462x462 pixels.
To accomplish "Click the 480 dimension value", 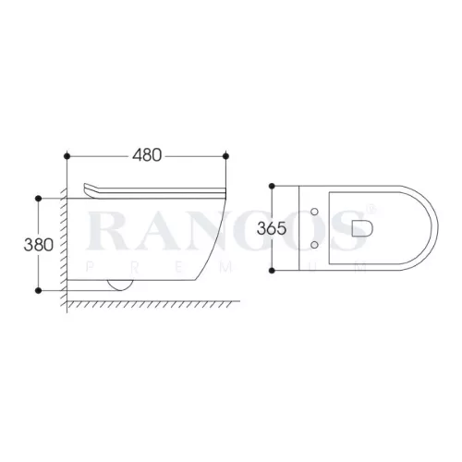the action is click(x=147, y=155).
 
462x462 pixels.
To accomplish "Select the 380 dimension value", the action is click(x=39, y=245).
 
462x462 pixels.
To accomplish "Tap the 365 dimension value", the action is click(x=272, y=228).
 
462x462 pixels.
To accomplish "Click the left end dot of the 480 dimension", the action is click(x=67, y=156).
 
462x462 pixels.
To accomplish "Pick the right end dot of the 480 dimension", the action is click(x=225, y=156).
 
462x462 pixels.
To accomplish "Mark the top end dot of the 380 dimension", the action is click(x=39, y=199).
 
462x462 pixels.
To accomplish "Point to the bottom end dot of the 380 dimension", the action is click(x=39, y=290).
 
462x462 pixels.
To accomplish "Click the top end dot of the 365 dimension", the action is click(x=272, y=186).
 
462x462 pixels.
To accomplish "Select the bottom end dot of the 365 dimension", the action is click(x=272, y=271).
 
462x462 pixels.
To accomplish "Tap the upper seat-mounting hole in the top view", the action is click(x=314, y=212).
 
